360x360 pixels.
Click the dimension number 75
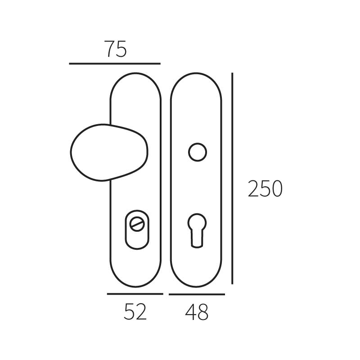[x=116, y=49]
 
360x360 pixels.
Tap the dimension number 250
[x=265, y=189]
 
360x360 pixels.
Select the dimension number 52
[x=135, y=311]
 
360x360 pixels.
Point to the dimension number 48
[x=197, y=312]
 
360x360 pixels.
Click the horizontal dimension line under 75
[x=115, y=64]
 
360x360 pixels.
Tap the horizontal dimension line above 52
[x=135, y=294]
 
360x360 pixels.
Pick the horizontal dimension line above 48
[x=197, y=295]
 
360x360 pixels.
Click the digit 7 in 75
[x=110, y=49]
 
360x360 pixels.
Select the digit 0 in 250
[x=276, y=189]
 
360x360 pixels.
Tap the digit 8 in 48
[x=203, y=312]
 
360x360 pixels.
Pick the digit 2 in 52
[x=141, y=311]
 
